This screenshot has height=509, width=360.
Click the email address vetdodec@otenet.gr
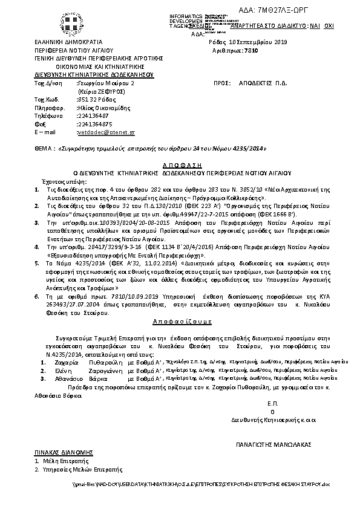[106, 131]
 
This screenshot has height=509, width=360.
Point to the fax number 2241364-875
[95, 123]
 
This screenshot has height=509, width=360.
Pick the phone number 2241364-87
[93, 115]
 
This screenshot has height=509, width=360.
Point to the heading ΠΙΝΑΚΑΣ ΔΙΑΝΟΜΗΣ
[58, 452]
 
